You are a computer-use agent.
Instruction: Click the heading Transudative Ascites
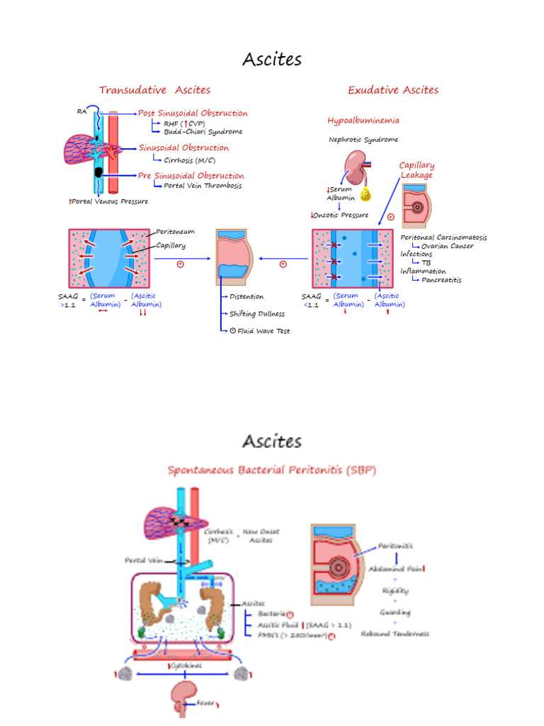pos(154,90)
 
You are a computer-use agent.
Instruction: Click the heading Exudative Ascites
pos(393,90)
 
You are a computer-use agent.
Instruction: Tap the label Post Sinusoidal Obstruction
pos(193,113)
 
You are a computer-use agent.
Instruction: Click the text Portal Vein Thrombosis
pos(203,186)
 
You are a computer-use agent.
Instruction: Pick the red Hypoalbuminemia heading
pos(363,121)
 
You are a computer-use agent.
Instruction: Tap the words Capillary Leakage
pos(416,170)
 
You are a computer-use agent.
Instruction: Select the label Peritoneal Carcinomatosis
pos(443,238)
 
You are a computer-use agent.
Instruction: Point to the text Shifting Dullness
pos(257,313)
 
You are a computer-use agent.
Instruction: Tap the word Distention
pos(246,296)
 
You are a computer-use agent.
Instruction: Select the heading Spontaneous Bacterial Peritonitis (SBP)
pos(272,470)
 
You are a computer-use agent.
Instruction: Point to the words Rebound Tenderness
pos(395,634)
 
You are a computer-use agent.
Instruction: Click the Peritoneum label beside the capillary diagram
pos(175,232)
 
